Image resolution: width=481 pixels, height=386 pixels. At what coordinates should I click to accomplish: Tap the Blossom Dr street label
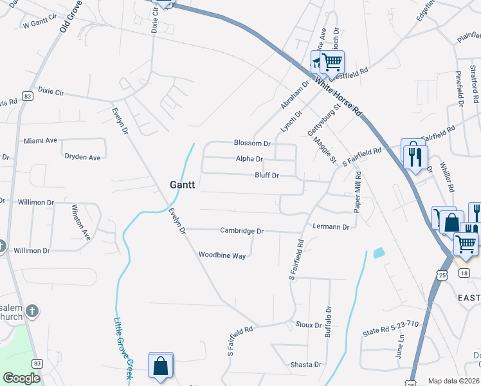point(252,143)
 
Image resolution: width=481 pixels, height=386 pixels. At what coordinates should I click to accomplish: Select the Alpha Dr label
point(250,159)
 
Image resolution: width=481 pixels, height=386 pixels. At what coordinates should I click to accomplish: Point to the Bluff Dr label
point(267,175)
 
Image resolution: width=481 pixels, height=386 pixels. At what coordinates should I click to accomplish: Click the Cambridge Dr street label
point(242,230)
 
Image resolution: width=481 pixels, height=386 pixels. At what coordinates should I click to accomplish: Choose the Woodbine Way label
point(222,255)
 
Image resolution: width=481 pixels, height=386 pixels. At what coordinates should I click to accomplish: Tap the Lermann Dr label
point(331,227)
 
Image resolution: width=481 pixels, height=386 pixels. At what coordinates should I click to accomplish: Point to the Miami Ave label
point(41,140)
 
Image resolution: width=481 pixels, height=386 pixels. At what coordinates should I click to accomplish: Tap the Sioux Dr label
point(309,325)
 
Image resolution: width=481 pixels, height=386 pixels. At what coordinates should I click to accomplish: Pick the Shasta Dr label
point(305,365)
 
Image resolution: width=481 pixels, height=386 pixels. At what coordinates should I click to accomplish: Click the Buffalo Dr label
point(328,322)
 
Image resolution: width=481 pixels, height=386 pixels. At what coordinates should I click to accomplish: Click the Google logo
point(21,378)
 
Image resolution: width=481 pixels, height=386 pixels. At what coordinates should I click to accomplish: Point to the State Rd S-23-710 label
point(390,329)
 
